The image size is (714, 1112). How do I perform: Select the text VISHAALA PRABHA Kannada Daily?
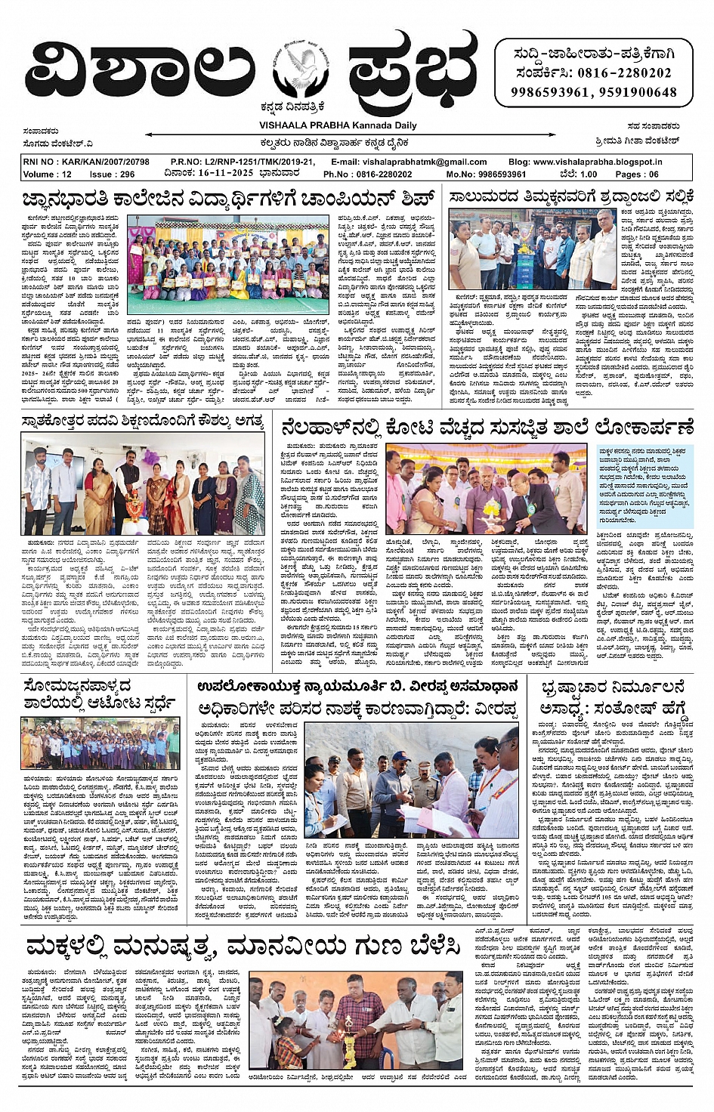tap(338, 125)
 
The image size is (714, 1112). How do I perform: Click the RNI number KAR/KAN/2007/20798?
tap(85, 162)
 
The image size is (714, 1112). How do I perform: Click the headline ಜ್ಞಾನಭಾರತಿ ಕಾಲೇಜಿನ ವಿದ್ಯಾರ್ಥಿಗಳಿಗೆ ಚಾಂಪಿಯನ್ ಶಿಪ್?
tap(230, 199)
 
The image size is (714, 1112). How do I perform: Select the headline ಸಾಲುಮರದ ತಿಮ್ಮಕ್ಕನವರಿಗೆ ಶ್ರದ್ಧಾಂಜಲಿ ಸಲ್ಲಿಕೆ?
tap(570, 197)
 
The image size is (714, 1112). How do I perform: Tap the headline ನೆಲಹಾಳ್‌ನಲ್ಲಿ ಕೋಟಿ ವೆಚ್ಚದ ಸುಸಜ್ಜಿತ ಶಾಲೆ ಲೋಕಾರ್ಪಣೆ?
tap(487, 428)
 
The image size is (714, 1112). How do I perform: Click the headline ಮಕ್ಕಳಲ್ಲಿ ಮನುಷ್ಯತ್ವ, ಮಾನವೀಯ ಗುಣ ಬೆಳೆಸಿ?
tap(243, 947)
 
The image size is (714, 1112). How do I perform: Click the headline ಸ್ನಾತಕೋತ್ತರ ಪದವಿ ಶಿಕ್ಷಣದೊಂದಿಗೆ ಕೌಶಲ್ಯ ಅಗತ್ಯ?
tap(142, 422)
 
